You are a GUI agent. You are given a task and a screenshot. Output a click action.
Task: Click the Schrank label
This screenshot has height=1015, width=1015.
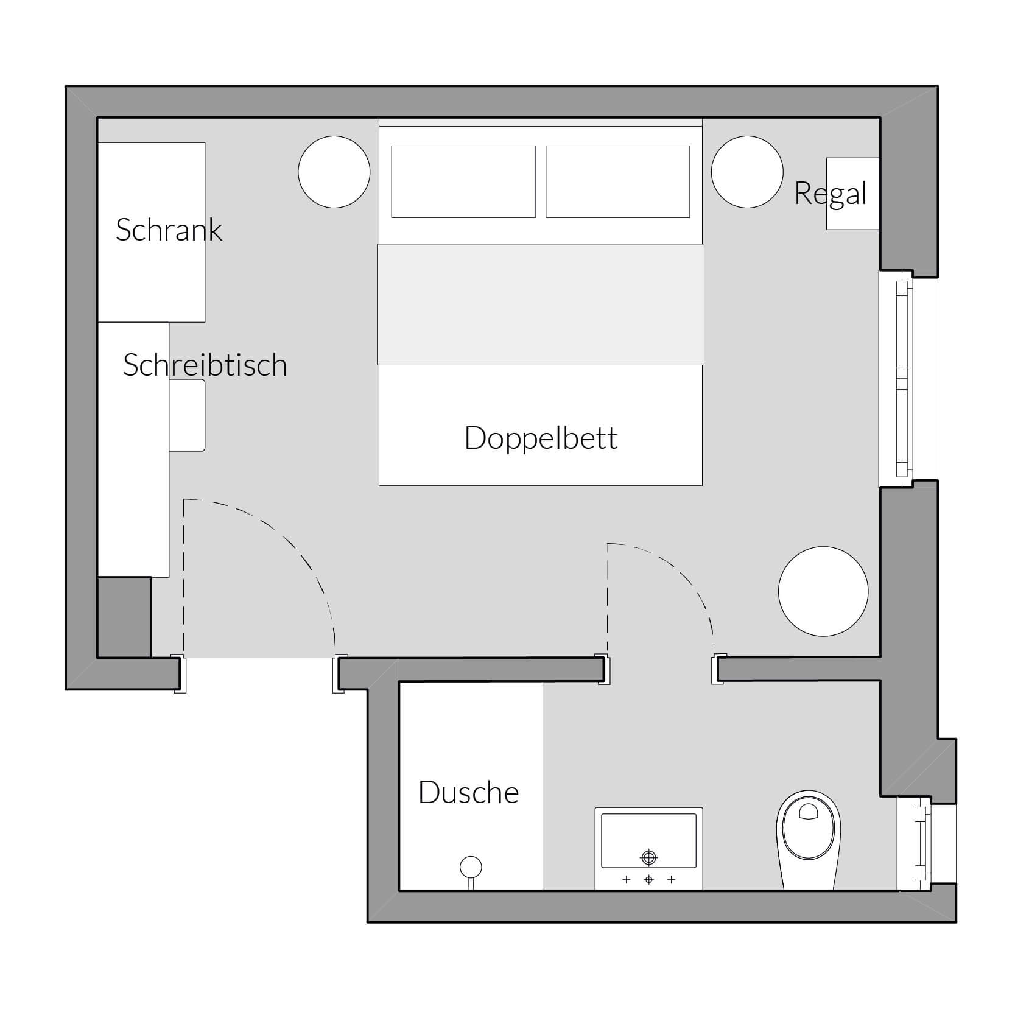pyautogui.click(x=169, y=230)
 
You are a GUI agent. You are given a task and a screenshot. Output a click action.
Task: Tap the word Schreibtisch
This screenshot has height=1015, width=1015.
pyautogui.click(x=205, y=365)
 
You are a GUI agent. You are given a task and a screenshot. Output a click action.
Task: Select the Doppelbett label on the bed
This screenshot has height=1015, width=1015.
pyautogui.click(x=541, y=438)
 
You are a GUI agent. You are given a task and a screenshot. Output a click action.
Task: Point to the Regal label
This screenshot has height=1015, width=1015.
pyautogui.click(x=831, y=194)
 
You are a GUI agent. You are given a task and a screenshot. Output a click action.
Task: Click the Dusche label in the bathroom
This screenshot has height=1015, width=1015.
pyautogui.click(x=469, y=792)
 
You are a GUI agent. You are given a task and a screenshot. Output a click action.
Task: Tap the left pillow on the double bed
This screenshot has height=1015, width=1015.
pyautogui.click(x=463, y=181)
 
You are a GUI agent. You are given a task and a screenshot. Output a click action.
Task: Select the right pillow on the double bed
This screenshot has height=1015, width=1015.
pyautogui.click(x=617, y=181)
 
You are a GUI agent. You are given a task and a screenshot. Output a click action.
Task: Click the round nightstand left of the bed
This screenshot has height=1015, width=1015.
pyautogui.click(x=334, y=172)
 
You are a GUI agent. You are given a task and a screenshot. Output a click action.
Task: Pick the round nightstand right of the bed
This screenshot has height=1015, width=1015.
pyautogui.click(x=747, y=172)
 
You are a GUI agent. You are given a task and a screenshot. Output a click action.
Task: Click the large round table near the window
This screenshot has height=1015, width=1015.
pyautogui.click(x=823, y=591)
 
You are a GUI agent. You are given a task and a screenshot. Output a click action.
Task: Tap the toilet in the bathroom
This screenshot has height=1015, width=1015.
pyautogui.click(x=809, y=840)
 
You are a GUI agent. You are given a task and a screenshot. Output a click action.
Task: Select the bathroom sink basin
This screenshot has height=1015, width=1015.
pyautogui.click(x=648, y=840)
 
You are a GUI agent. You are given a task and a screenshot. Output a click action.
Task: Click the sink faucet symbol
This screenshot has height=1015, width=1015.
pyautogui.click(x=649, y=858)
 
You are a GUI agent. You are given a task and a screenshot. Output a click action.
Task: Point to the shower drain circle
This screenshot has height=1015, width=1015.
pyautogui.click(x=471, y=866)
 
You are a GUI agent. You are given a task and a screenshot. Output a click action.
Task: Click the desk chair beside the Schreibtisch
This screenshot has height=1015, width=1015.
pyautogui.click(x=187, y=415)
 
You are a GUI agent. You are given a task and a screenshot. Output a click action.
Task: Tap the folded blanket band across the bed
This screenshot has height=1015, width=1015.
pyautogui.click(x=541, y=304)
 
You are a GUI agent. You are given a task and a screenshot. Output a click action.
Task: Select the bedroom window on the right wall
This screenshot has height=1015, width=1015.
pyautogui.click(x=902, y=378)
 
